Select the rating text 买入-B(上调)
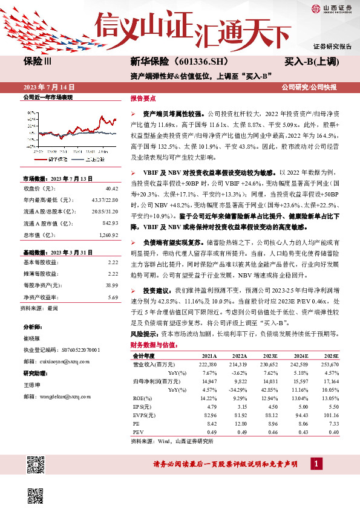312,62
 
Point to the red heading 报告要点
143,97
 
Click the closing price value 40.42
111,189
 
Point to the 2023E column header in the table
269,357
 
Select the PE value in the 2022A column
239,424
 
